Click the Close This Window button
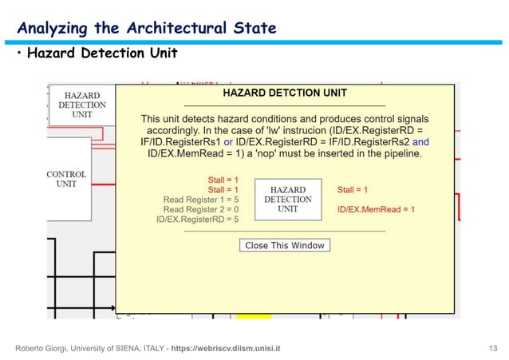tap(285, 245)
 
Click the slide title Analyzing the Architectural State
tap(147, 29)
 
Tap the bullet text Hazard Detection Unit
tap(102, 54)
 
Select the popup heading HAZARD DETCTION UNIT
tap(284, 93)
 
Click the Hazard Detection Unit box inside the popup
tap(287, 200)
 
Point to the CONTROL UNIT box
tap(66, 179)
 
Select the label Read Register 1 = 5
tap(201, 200)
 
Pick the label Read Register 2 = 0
tap(201, 209)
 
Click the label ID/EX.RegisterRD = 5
tap(197, 219)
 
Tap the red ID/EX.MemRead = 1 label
tap(376, 209)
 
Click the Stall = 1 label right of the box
tap(353, 190)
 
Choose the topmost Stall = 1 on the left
tap(223, 180)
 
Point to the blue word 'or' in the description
tap(228, 141)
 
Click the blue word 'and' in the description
tap(420, 141)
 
